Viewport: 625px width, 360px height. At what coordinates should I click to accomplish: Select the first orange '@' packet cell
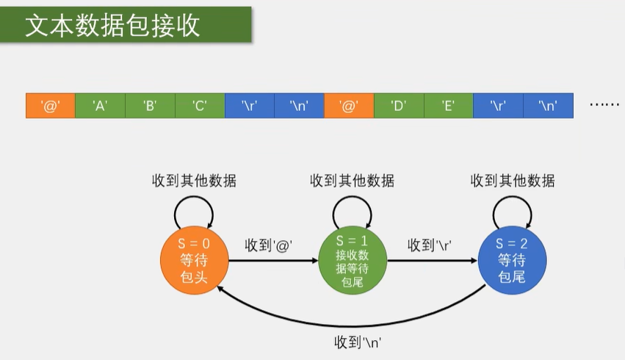(51, 106)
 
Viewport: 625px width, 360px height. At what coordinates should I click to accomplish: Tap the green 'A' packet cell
(101, 106)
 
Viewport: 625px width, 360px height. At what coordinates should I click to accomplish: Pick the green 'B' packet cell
(150, 106)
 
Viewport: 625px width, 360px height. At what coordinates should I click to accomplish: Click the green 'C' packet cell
(200, 106)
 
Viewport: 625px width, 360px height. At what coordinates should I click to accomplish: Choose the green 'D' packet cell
(399, 106)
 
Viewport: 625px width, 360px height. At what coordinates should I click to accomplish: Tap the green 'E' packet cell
(448, 106)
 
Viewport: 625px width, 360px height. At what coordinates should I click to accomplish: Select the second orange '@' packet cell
(349, 106)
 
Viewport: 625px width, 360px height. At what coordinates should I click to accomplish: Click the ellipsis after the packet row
(604, 105)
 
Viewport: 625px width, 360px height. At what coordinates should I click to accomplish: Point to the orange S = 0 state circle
(195, 261)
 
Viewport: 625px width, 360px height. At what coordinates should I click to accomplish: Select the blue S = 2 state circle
(513, 261)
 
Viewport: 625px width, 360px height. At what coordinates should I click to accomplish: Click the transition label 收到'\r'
(430, 245)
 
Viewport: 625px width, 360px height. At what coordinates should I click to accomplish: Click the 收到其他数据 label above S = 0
(194, 181)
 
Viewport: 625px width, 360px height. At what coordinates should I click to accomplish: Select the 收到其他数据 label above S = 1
(352, 181)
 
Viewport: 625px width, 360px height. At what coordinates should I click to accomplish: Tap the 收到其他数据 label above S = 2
(512, 181)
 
